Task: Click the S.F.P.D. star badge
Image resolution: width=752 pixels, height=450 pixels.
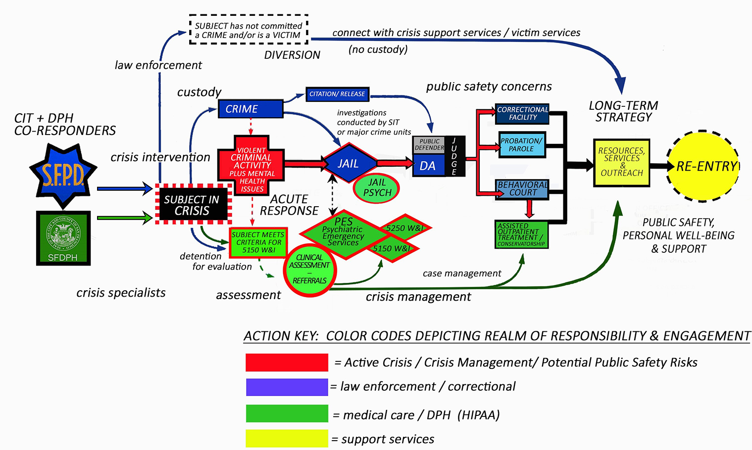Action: [63, 175]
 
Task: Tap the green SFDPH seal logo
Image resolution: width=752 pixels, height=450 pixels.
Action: [63, 238]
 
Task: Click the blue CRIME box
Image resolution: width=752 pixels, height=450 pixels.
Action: [250, 109]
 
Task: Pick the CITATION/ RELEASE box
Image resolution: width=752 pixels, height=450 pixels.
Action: [337, 94]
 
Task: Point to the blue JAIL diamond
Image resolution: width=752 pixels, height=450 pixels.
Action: [349, 164]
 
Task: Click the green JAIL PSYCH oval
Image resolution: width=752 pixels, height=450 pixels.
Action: [377, 188]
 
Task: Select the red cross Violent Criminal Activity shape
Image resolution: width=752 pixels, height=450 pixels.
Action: [251, 165]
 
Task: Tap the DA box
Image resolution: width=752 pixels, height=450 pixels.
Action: [428, 165]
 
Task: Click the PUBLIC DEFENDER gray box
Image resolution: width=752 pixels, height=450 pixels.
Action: [429, 145]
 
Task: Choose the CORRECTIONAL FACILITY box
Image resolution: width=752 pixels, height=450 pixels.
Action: [522, 114]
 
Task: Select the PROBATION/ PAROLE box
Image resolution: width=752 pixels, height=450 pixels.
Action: [521, 144]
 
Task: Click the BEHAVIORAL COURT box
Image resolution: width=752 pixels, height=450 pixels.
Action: [522, 189]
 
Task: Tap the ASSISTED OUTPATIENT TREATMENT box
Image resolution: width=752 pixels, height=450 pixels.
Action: [521, 234]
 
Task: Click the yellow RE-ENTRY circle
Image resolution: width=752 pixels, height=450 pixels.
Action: [703, 166]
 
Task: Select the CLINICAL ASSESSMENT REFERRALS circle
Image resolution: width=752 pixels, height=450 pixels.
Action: [310, 270]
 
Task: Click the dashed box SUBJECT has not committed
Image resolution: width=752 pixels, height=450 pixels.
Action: [249, 30]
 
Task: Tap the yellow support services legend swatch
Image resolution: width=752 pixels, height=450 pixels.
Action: [287, 438]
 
